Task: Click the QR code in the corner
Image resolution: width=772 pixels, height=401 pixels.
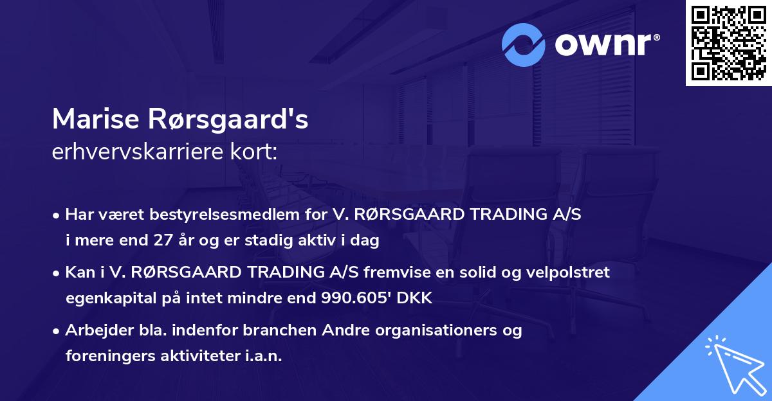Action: point(729,43)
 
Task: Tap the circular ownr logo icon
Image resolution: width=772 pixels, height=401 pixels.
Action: point(524,45)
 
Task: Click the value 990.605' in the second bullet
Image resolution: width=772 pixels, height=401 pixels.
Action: point(352,299)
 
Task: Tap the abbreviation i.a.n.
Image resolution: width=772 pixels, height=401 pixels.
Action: point(262,357)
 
